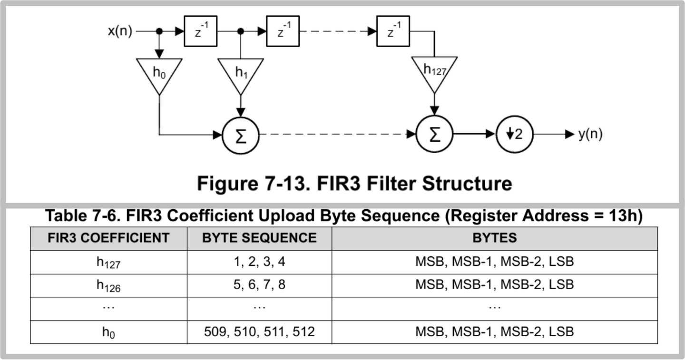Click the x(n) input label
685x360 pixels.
point(119,31)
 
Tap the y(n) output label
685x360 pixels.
point(590,134)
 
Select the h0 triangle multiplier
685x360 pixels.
point(159,74)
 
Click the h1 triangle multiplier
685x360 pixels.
point(241,74)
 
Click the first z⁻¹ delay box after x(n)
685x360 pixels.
point(200,31)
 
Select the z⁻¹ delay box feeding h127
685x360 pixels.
point(393,31)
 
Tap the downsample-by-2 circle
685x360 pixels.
point(514,134)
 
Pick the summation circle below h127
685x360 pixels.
point(434,135)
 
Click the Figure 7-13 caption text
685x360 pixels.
point(354,183)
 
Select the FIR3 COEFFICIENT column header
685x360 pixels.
point(108,238)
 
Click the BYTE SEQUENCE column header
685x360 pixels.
point(259,238)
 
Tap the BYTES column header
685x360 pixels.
point(494,238)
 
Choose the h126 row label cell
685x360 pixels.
point(108,285)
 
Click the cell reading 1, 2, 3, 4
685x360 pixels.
point(259,262)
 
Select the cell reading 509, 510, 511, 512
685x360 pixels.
point(259,331)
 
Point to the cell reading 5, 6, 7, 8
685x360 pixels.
point(259,285)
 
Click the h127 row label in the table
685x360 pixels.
point(108,262)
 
